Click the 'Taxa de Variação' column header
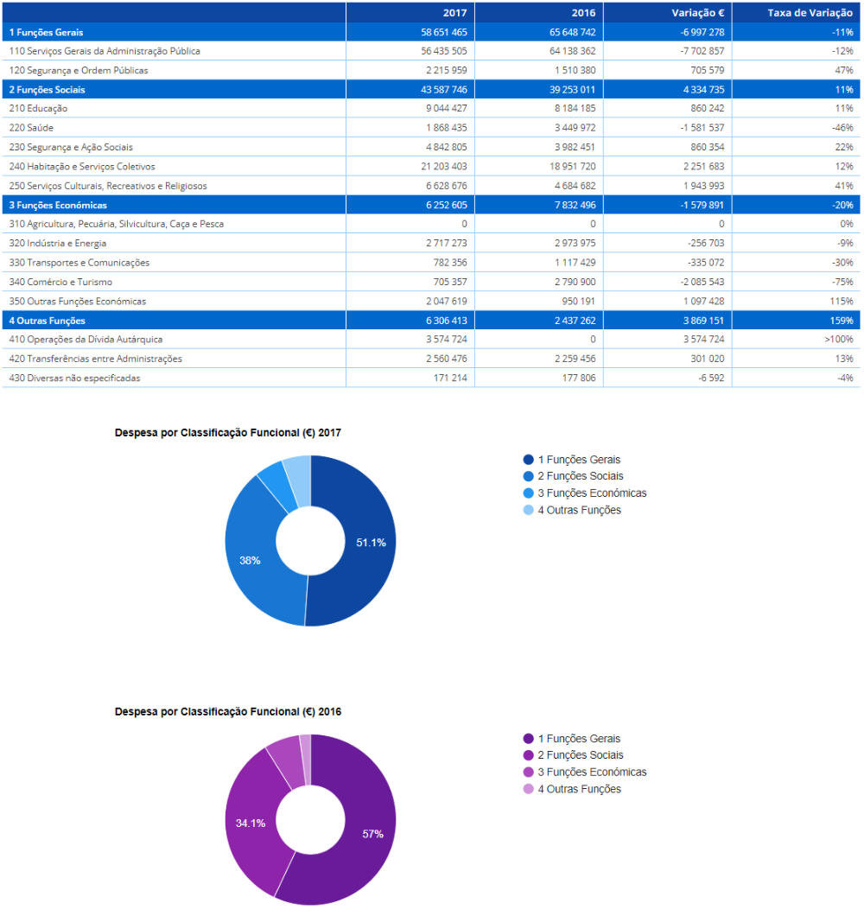[x=810, y=13]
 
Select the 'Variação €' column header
[x=697, y=13]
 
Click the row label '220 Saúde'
[x=31, y=127]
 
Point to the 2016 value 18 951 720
[x=573, y=167]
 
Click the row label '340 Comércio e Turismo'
[x=60, y=282]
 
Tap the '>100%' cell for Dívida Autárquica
[x=839, y=339]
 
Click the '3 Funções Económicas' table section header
[x=58, y=205]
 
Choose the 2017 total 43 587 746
[x=444, y=89]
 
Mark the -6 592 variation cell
[x=711, y=378]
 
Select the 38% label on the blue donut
[x=250, y=560]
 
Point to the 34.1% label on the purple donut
[x=251, y=824]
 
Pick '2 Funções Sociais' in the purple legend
[x=573, y=754]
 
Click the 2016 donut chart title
[x=228, y=711]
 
